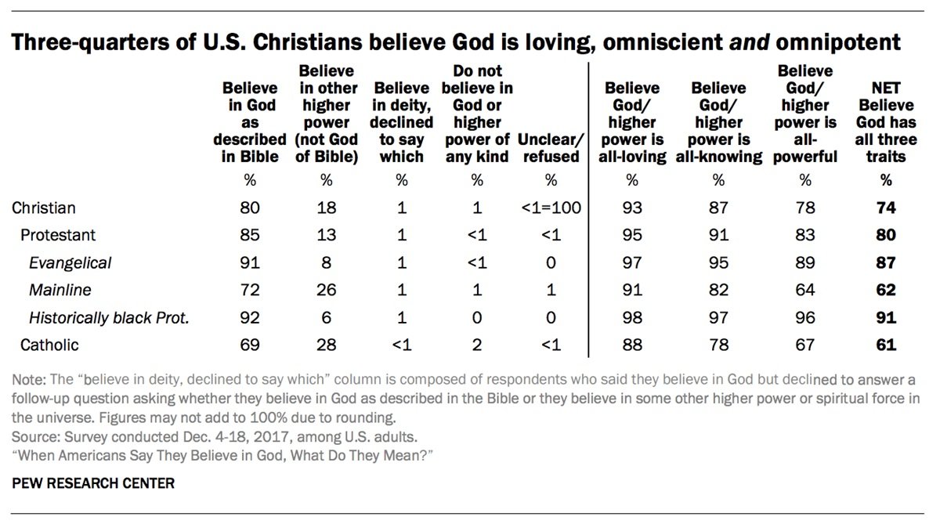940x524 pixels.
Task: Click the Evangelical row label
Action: [70, 263]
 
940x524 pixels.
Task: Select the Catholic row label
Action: [50, 344]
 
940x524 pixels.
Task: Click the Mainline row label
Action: [60, 290]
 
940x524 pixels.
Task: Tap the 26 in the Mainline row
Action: [327, 290]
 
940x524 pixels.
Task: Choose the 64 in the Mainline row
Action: [804, 290]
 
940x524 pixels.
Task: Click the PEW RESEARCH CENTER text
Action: [94, 483]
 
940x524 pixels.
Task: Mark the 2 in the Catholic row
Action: [476, 344]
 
